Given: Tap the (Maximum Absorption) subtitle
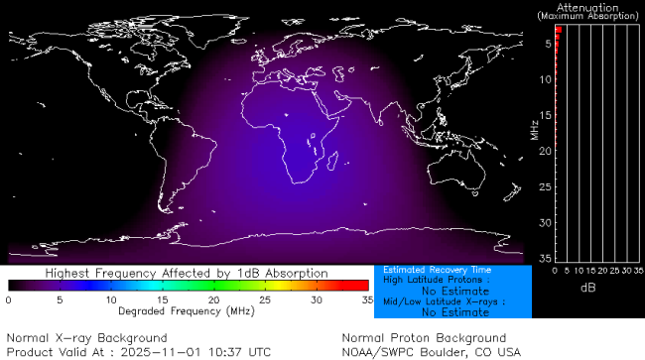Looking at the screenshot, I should [589, 16].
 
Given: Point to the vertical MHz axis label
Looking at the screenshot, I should [534, 129].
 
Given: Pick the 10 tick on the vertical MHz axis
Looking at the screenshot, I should [545, 78].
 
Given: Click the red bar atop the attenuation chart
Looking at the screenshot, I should [559, 31].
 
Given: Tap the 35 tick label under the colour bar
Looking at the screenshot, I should [366, 299].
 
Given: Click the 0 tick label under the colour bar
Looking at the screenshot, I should [8, 299].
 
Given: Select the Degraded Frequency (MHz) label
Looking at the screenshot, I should [188, 310].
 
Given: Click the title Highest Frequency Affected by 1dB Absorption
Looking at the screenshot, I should [187, 272].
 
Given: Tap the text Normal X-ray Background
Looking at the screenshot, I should [86, 338].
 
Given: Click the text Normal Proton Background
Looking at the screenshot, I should [424, 338].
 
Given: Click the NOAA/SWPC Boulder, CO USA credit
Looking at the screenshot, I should [430, 351].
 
